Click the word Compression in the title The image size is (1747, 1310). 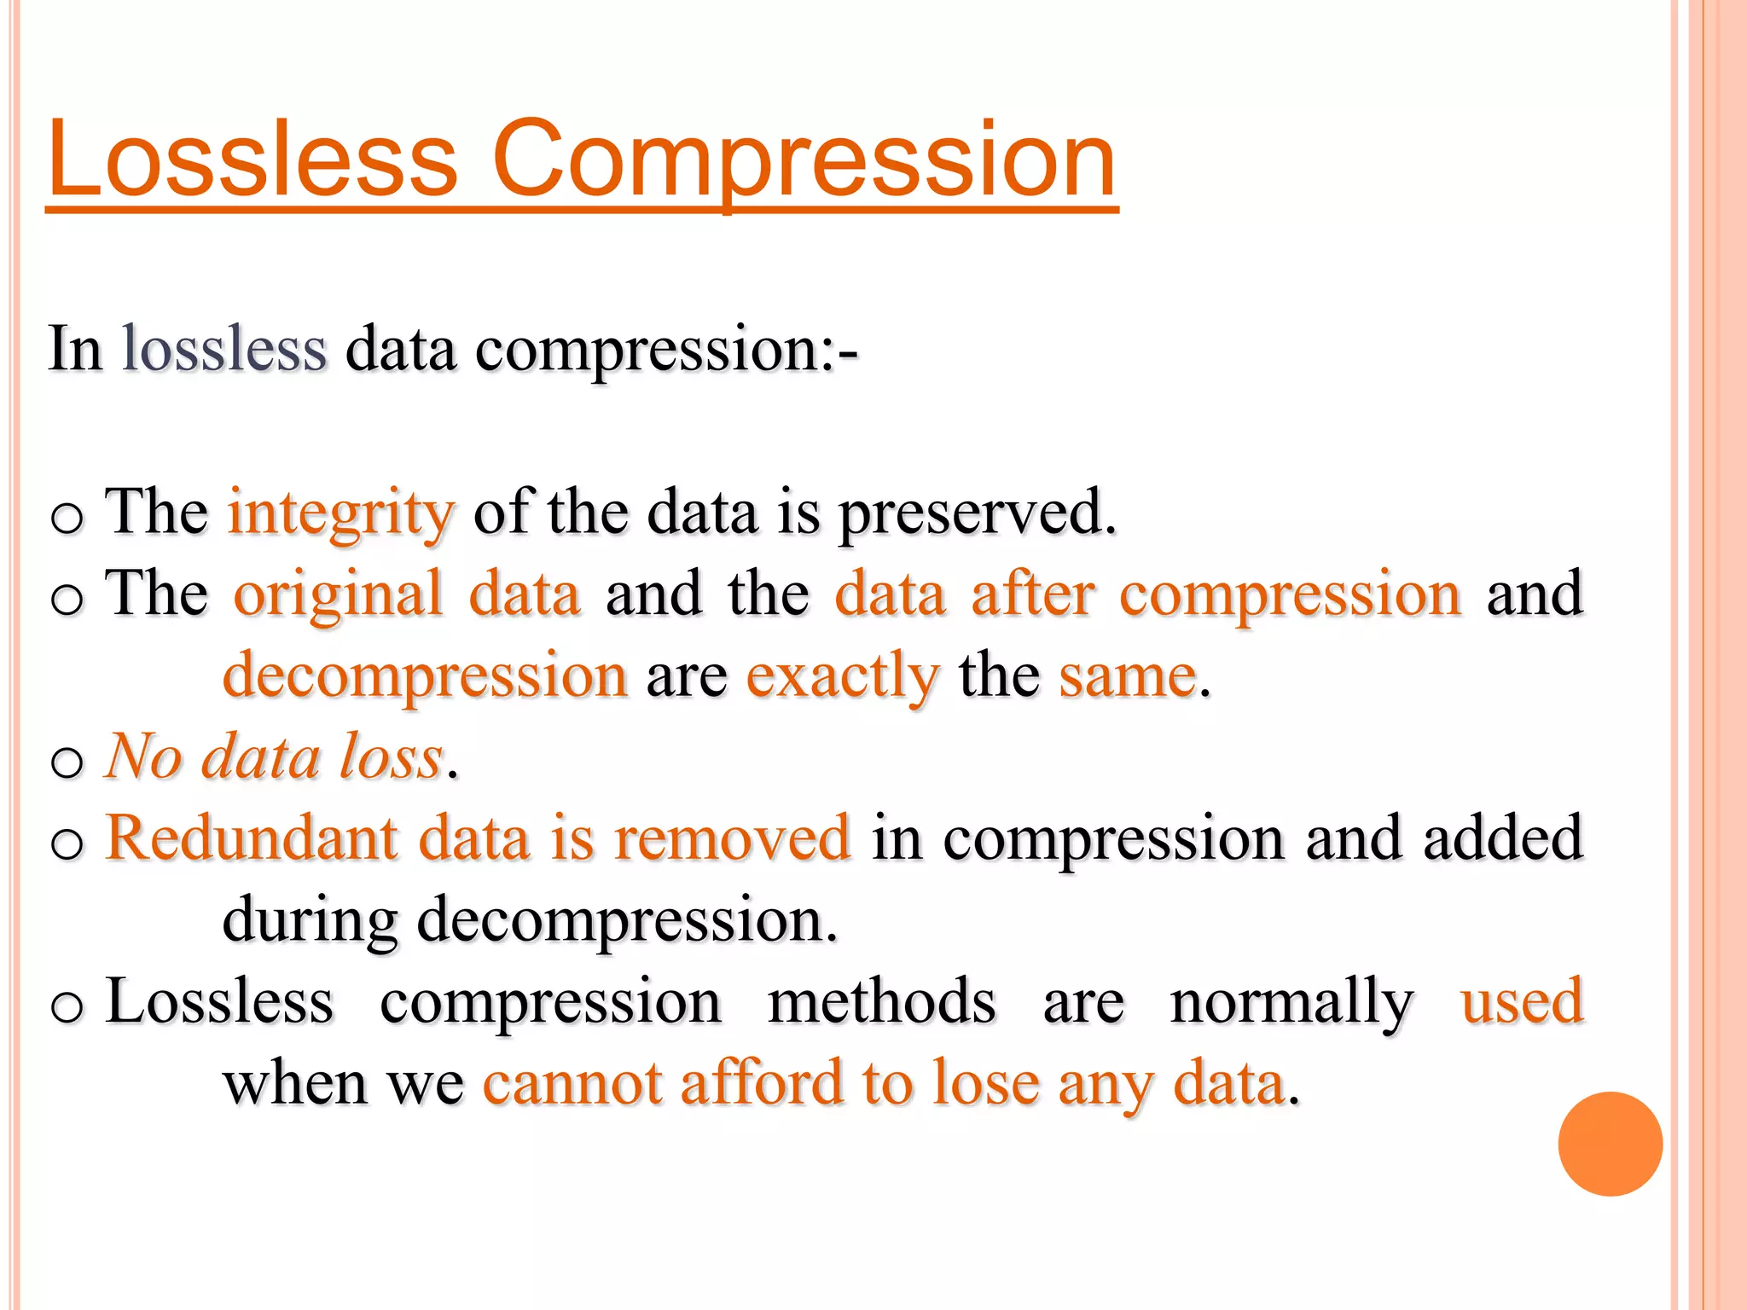point(804,159)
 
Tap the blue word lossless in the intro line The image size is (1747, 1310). point(224,349)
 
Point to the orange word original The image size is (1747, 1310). point(339,594)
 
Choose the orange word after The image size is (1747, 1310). point(1032,594)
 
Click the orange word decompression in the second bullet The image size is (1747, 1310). point(425,675)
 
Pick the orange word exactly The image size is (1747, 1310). point(843,675)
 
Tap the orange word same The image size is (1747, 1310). point(1128,675)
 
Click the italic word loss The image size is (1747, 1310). point(391,756)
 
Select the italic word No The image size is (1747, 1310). point(143,756)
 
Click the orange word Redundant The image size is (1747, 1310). point(251,838)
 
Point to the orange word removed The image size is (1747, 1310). point(732,838)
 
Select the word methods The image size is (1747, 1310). point(881,1001)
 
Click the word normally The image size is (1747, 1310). point(1291,1001)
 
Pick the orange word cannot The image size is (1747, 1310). point(572,1083)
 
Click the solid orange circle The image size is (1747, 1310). point(1610,1144)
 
